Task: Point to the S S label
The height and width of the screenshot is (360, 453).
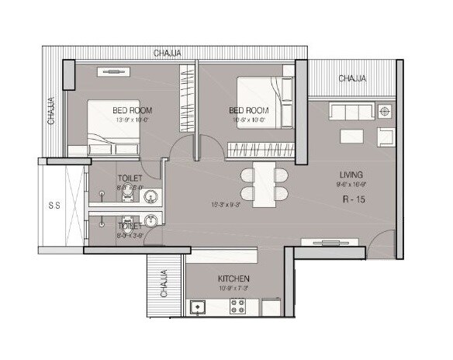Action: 55,206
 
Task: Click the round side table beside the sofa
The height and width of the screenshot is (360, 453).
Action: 386,112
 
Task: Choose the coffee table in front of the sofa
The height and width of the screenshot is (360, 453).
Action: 350,136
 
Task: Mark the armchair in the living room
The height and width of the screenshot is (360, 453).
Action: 386,137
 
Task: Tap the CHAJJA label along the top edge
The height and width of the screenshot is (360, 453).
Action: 168,53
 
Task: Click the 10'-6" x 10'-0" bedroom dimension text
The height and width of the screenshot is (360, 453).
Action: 248,120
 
